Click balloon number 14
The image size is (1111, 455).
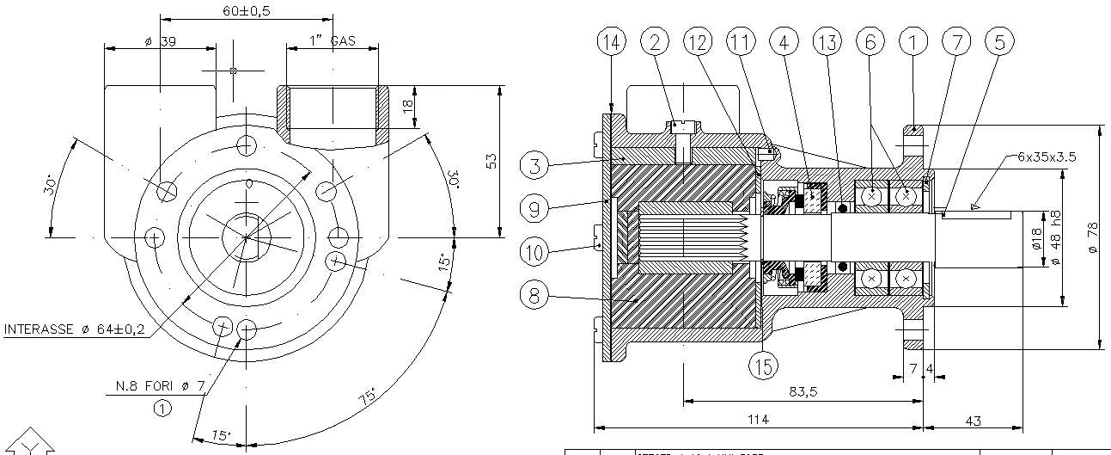point(612,41)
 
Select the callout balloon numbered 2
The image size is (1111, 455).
point(655,41)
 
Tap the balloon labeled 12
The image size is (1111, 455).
point(698,41)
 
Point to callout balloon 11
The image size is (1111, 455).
point(741,41)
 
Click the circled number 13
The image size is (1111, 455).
point(827,41)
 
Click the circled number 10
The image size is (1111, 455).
point(535,251)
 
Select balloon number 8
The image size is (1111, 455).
point(535,295)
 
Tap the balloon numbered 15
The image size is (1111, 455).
point(763,366)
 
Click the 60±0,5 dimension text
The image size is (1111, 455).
point(246,11)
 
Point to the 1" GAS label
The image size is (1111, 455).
point(332,41)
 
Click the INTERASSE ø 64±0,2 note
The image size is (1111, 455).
point(74,329)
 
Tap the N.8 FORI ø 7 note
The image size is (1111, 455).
point(161,387)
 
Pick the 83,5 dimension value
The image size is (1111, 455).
point(803,391)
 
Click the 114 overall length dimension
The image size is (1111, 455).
point(757,419)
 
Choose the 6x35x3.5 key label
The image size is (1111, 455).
point(1047,157)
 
